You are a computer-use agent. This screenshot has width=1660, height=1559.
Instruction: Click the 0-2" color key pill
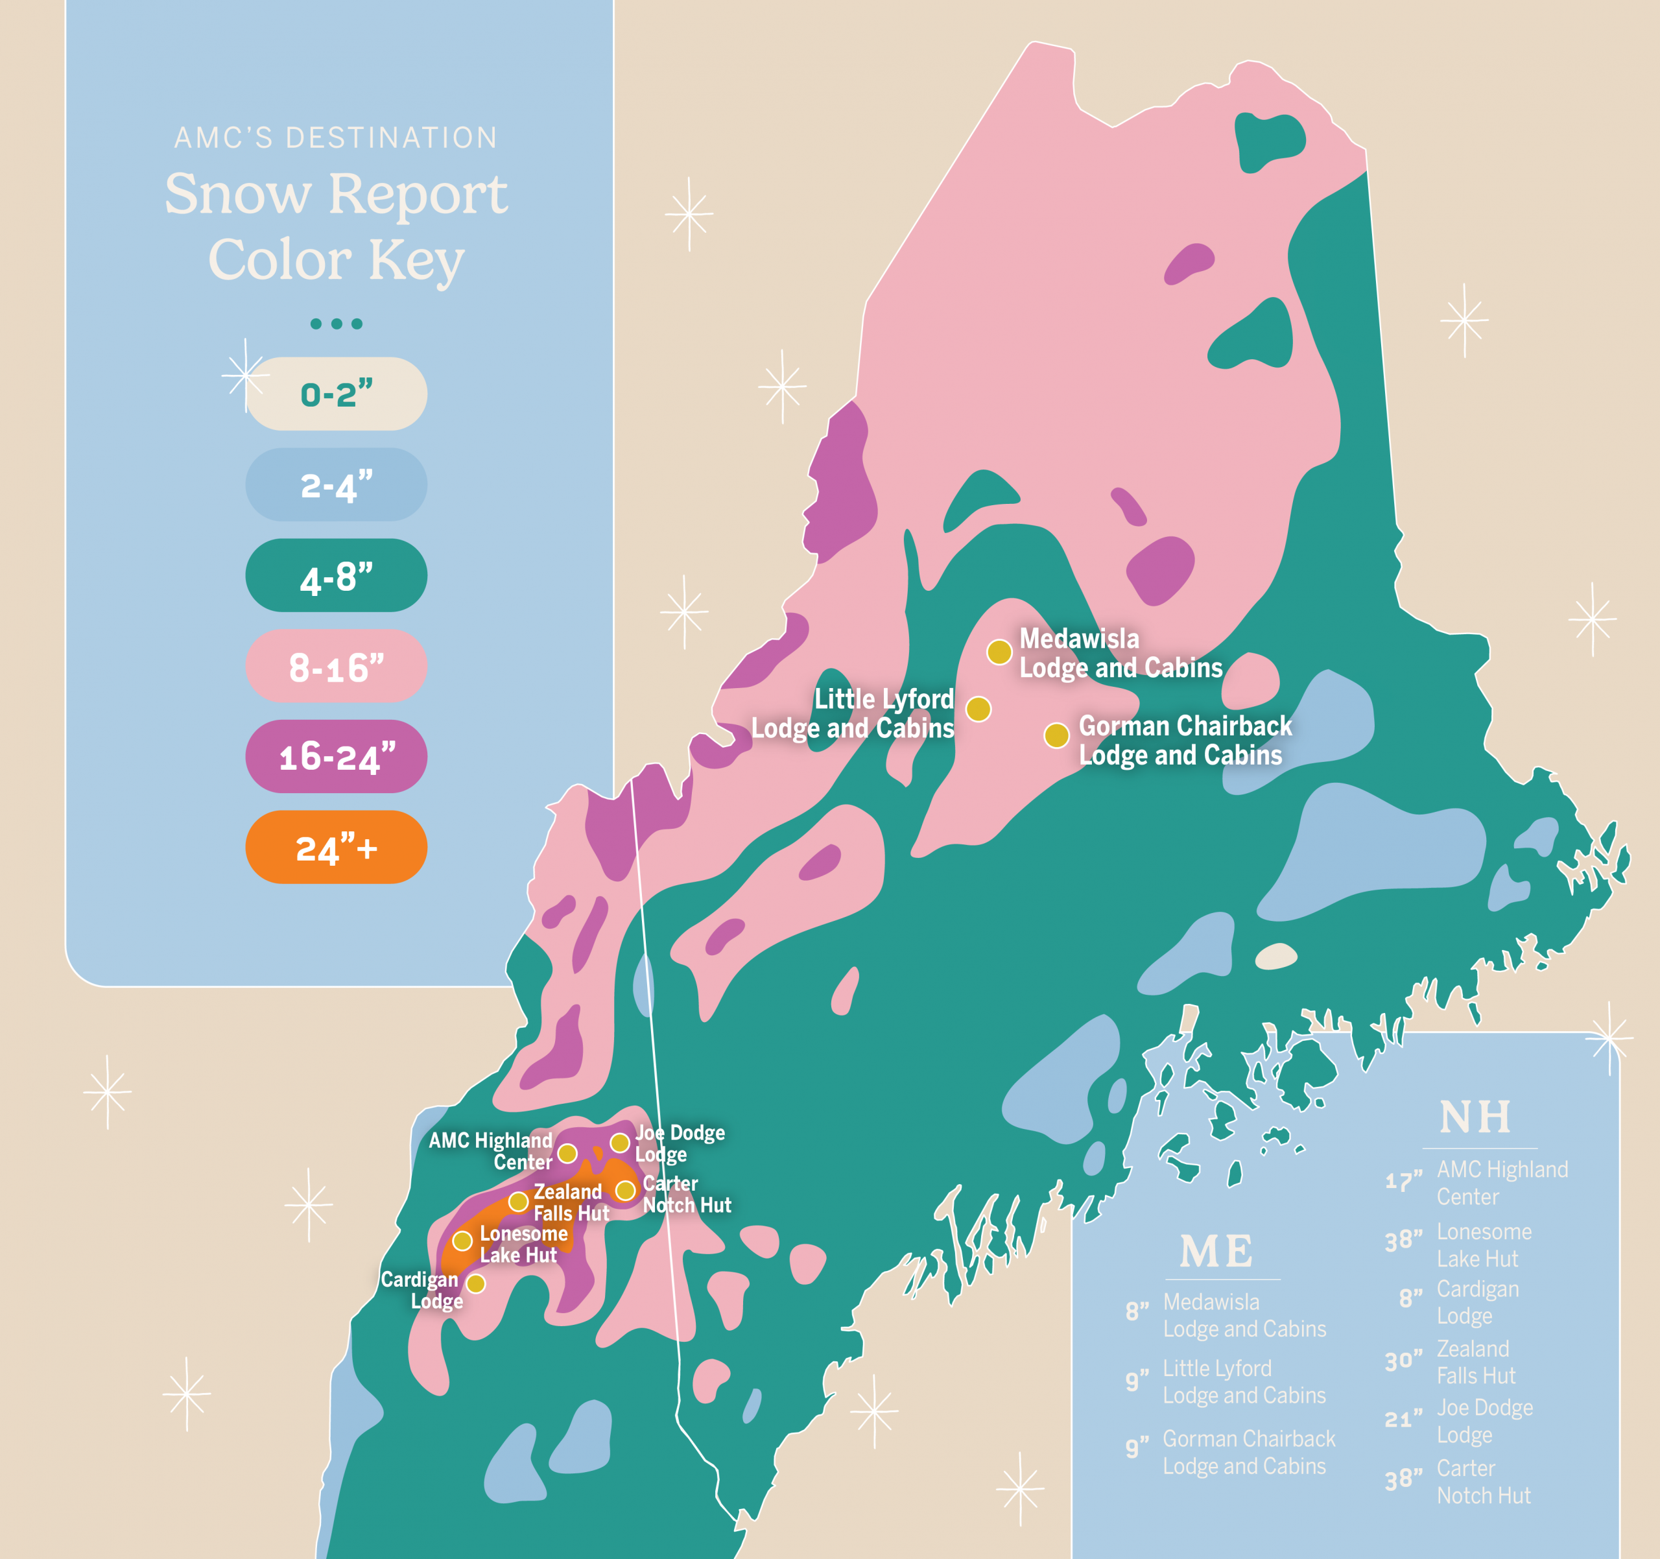pyautogui.click(x=336, y=394)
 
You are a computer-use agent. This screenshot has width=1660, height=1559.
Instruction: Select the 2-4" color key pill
pyautogui.click(x=336, y=485)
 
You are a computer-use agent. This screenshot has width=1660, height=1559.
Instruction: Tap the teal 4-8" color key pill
pyautogui.click(x=336, y=576)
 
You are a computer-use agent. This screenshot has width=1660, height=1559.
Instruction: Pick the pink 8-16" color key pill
pyautogui.click(x=336, y=667)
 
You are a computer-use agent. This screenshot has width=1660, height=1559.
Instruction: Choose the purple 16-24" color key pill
pyautogui.click(x=336, y=757)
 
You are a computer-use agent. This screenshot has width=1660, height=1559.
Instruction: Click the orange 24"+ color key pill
pyautogui.click(x=336, y=848)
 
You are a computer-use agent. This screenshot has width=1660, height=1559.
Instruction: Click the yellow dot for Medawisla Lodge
pyautogui.click(x=999, y=652)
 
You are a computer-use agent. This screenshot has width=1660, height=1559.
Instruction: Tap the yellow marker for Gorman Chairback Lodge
pyautogui.click(x=1056, y=735)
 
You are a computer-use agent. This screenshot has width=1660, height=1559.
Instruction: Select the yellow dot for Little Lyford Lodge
pyautogui.click(x=978, y=709)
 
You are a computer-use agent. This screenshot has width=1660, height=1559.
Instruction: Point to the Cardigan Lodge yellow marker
pyautogui.click(x=476, y=1283)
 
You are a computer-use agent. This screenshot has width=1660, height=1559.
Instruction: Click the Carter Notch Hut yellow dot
pyautogui.click(x=626, y=1190)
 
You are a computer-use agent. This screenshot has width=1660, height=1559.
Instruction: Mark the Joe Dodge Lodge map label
pyautogui.click(x=678, y=1144)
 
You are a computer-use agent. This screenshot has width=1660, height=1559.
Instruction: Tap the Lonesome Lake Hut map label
pyautogui.click(x=523, y=1244)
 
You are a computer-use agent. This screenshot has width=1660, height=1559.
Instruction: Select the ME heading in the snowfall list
pyautogui.click(x=1216, y=1252)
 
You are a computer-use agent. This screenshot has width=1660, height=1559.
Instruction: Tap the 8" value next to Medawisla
pyautogui.click(x=1137, y=1312)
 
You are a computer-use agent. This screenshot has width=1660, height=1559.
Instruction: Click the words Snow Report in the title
pyautogui.click(x=336, y=194)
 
